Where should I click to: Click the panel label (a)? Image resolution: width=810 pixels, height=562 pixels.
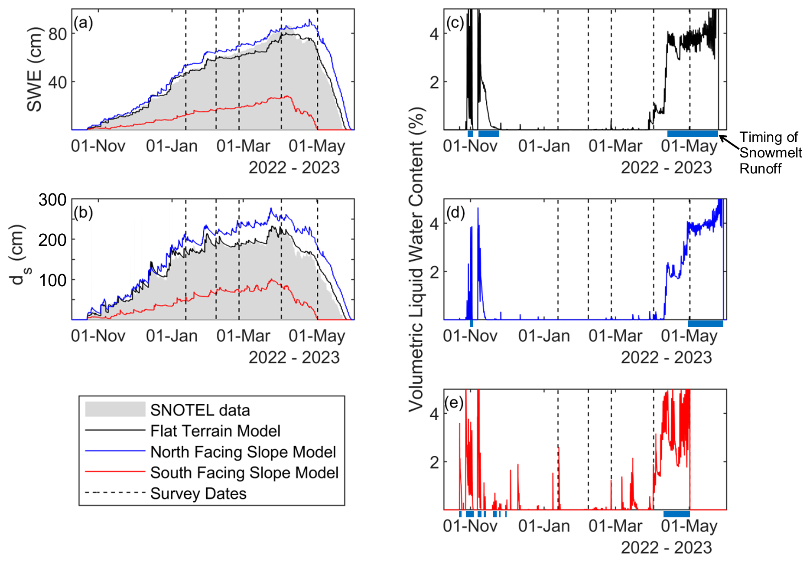(83, 23)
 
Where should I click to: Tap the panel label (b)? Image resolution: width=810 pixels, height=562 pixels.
(83, 212)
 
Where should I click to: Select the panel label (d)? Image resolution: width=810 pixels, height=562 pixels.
(455, 212)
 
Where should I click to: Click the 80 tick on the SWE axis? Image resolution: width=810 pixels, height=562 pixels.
(57, 34)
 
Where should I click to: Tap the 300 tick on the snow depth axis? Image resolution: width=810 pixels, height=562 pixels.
(52, 200)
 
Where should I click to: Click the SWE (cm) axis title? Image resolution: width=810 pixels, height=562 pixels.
(35, 69)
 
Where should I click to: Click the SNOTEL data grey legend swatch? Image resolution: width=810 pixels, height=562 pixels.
(115, 409)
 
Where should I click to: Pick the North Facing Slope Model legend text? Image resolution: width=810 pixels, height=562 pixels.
(243, 452)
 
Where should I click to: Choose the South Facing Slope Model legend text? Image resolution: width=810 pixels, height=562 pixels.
(244, 473)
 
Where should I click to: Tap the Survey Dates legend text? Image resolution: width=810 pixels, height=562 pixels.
(198, 493)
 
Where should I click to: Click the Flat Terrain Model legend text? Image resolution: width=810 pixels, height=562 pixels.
(215, 431)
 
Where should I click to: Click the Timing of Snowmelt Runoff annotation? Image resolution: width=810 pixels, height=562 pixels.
(770, 153)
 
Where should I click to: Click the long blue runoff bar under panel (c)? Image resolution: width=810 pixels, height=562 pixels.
(693, 134)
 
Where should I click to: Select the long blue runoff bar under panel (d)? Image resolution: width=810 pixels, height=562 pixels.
(705, 323)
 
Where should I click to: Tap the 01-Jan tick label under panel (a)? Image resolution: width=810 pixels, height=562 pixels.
(172, 146)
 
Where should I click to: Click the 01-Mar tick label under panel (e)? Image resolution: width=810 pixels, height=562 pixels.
(615, 526)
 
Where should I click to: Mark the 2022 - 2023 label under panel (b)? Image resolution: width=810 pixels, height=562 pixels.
(294, 358)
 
